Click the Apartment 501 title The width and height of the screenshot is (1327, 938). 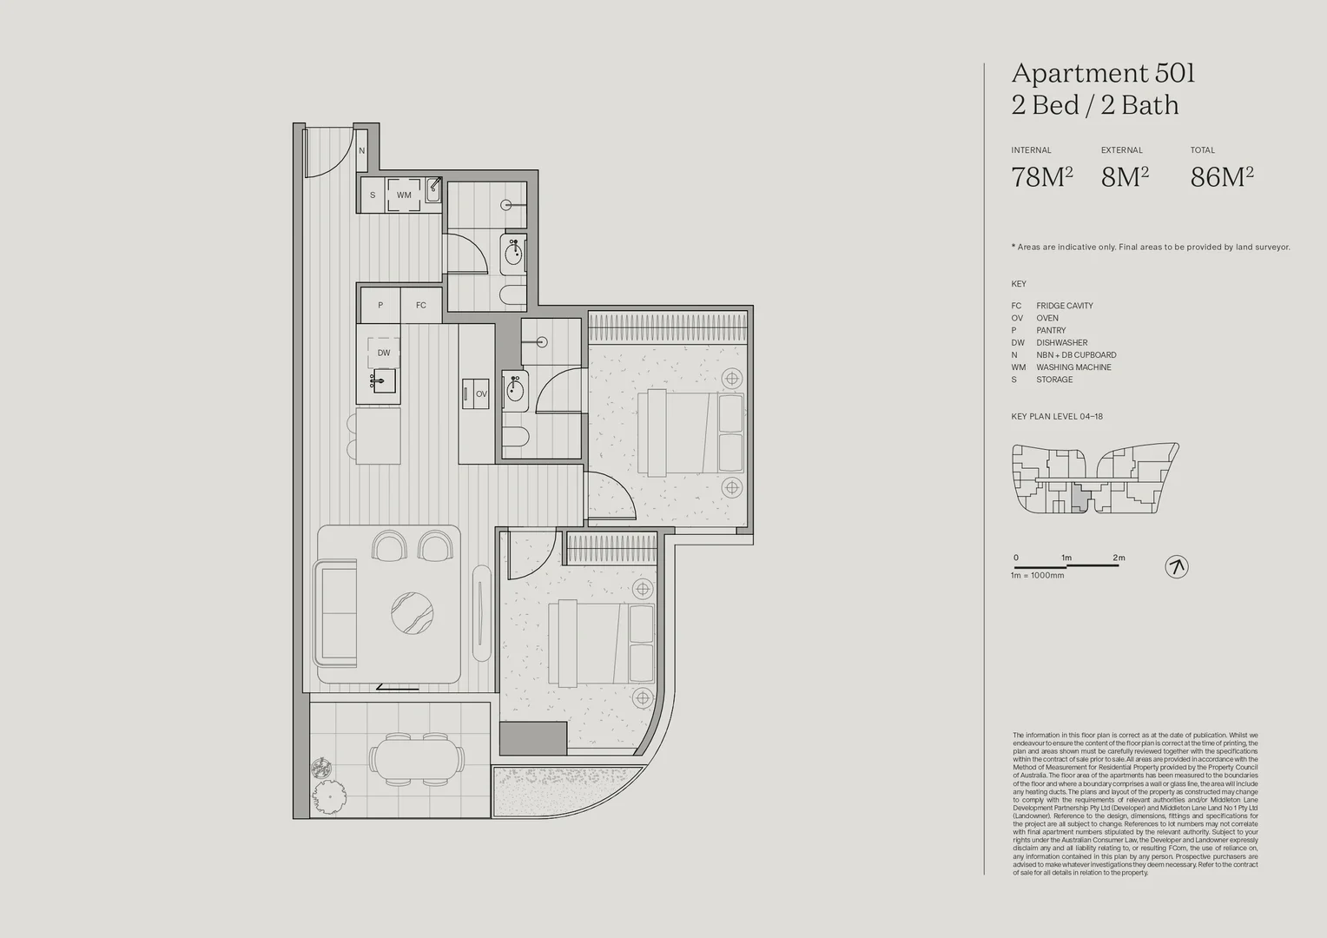coord(1103,74)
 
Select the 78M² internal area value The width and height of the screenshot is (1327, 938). coord(1041,177)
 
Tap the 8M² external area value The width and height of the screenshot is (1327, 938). coord(1125,177)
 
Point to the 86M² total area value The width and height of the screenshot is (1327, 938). coord(1221,177)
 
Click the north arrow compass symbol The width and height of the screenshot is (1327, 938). coord(1176,567)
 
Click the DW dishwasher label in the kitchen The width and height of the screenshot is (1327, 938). coord(383,353)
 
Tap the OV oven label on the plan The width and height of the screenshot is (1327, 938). coord(481,393)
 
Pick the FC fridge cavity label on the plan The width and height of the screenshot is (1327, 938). coord(421,306)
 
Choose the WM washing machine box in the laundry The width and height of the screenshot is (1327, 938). coord(404,195)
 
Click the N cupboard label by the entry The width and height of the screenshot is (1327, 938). coord(362,151)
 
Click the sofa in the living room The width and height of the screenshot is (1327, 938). coord(338,613)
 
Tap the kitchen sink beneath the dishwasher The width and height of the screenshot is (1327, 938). coord(384,380)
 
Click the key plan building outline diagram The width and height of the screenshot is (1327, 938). coord(1094,479)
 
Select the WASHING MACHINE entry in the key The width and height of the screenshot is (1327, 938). coord(1073,367)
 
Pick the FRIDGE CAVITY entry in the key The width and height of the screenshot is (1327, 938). coord(1064,306)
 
